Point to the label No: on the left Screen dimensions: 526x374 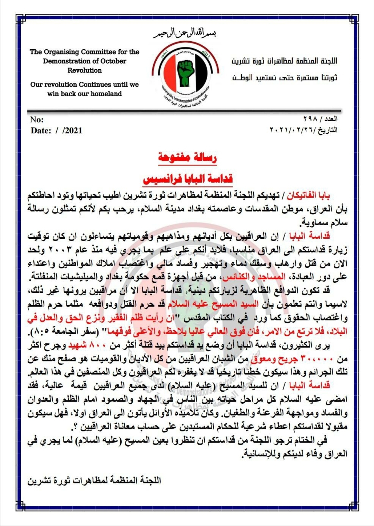[x=37, y=120]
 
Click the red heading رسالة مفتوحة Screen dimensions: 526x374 [x=187, y=158]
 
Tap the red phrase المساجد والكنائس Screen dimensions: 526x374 [x=254, y=277]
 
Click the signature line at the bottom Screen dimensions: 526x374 [x=94, y=480]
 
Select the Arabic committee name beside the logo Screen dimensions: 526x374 [x=284, y=61]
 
